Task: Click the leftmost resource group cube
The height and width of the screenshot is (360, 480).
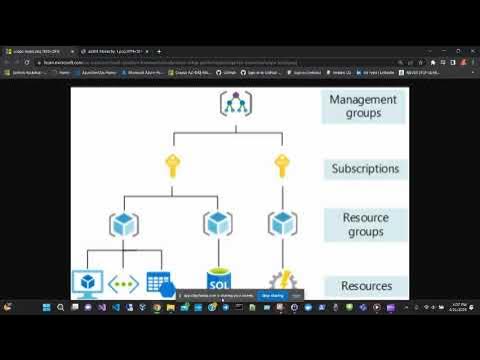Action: pos(122,223)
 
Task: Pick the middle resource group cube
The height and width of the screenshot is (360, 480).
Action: pos(217,223)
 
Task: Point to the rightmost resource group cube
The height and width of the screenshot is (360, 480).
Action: pos(281,223)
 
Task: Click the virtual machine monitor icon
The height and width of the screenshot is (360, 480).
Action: pos(87,283)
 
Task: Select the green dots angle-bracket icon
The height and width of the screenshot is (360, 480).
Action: pos(122,283)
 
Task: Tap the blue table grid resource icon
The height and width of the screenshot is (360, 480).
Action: pos(158,283)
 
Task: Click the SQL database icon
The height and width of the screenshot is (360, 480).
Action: pos(218,282)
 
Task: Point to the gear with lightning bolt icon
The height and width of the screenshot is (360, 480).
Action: pos(281,283)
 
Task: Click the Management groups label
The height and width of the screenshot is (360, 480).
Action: pos(363,106)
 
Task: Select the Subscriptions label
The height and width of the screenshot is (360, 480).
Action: pos(364,168)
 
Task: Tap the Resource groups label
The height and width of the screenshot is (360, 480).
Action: pos(364,224)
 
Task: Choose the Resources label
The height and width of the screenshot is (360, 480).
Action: pos(364,286)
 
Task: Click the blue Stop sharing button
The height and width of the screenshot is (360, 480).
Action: pos(271,296)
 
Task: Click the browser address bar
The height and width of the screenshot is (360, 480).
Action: pos(200,61)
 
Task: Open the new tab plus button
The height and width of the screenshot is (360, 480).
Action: pos(160,50)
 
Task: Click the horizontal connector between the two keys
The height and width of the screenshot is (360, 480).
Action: pos(226,131)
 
